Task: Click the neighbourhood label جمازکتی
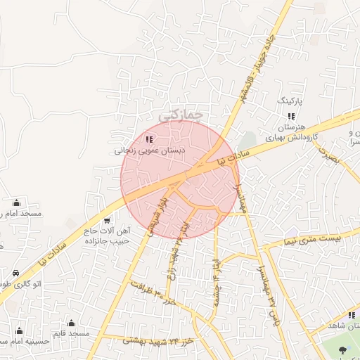coord(181,113)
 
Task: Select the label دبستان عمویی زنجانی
coord(150,150)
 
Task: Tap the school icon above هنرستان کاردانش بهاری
coord(290,115)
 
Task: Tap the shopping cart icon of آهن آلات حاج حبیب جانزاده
coord(107,220)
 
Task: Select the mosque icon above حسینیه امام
coord(19,330)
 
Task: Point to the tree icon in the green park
coord(343,349)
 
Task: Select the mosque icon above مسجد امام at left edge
coord(17,202)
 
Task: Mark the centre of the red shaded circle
coord(180,180)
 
